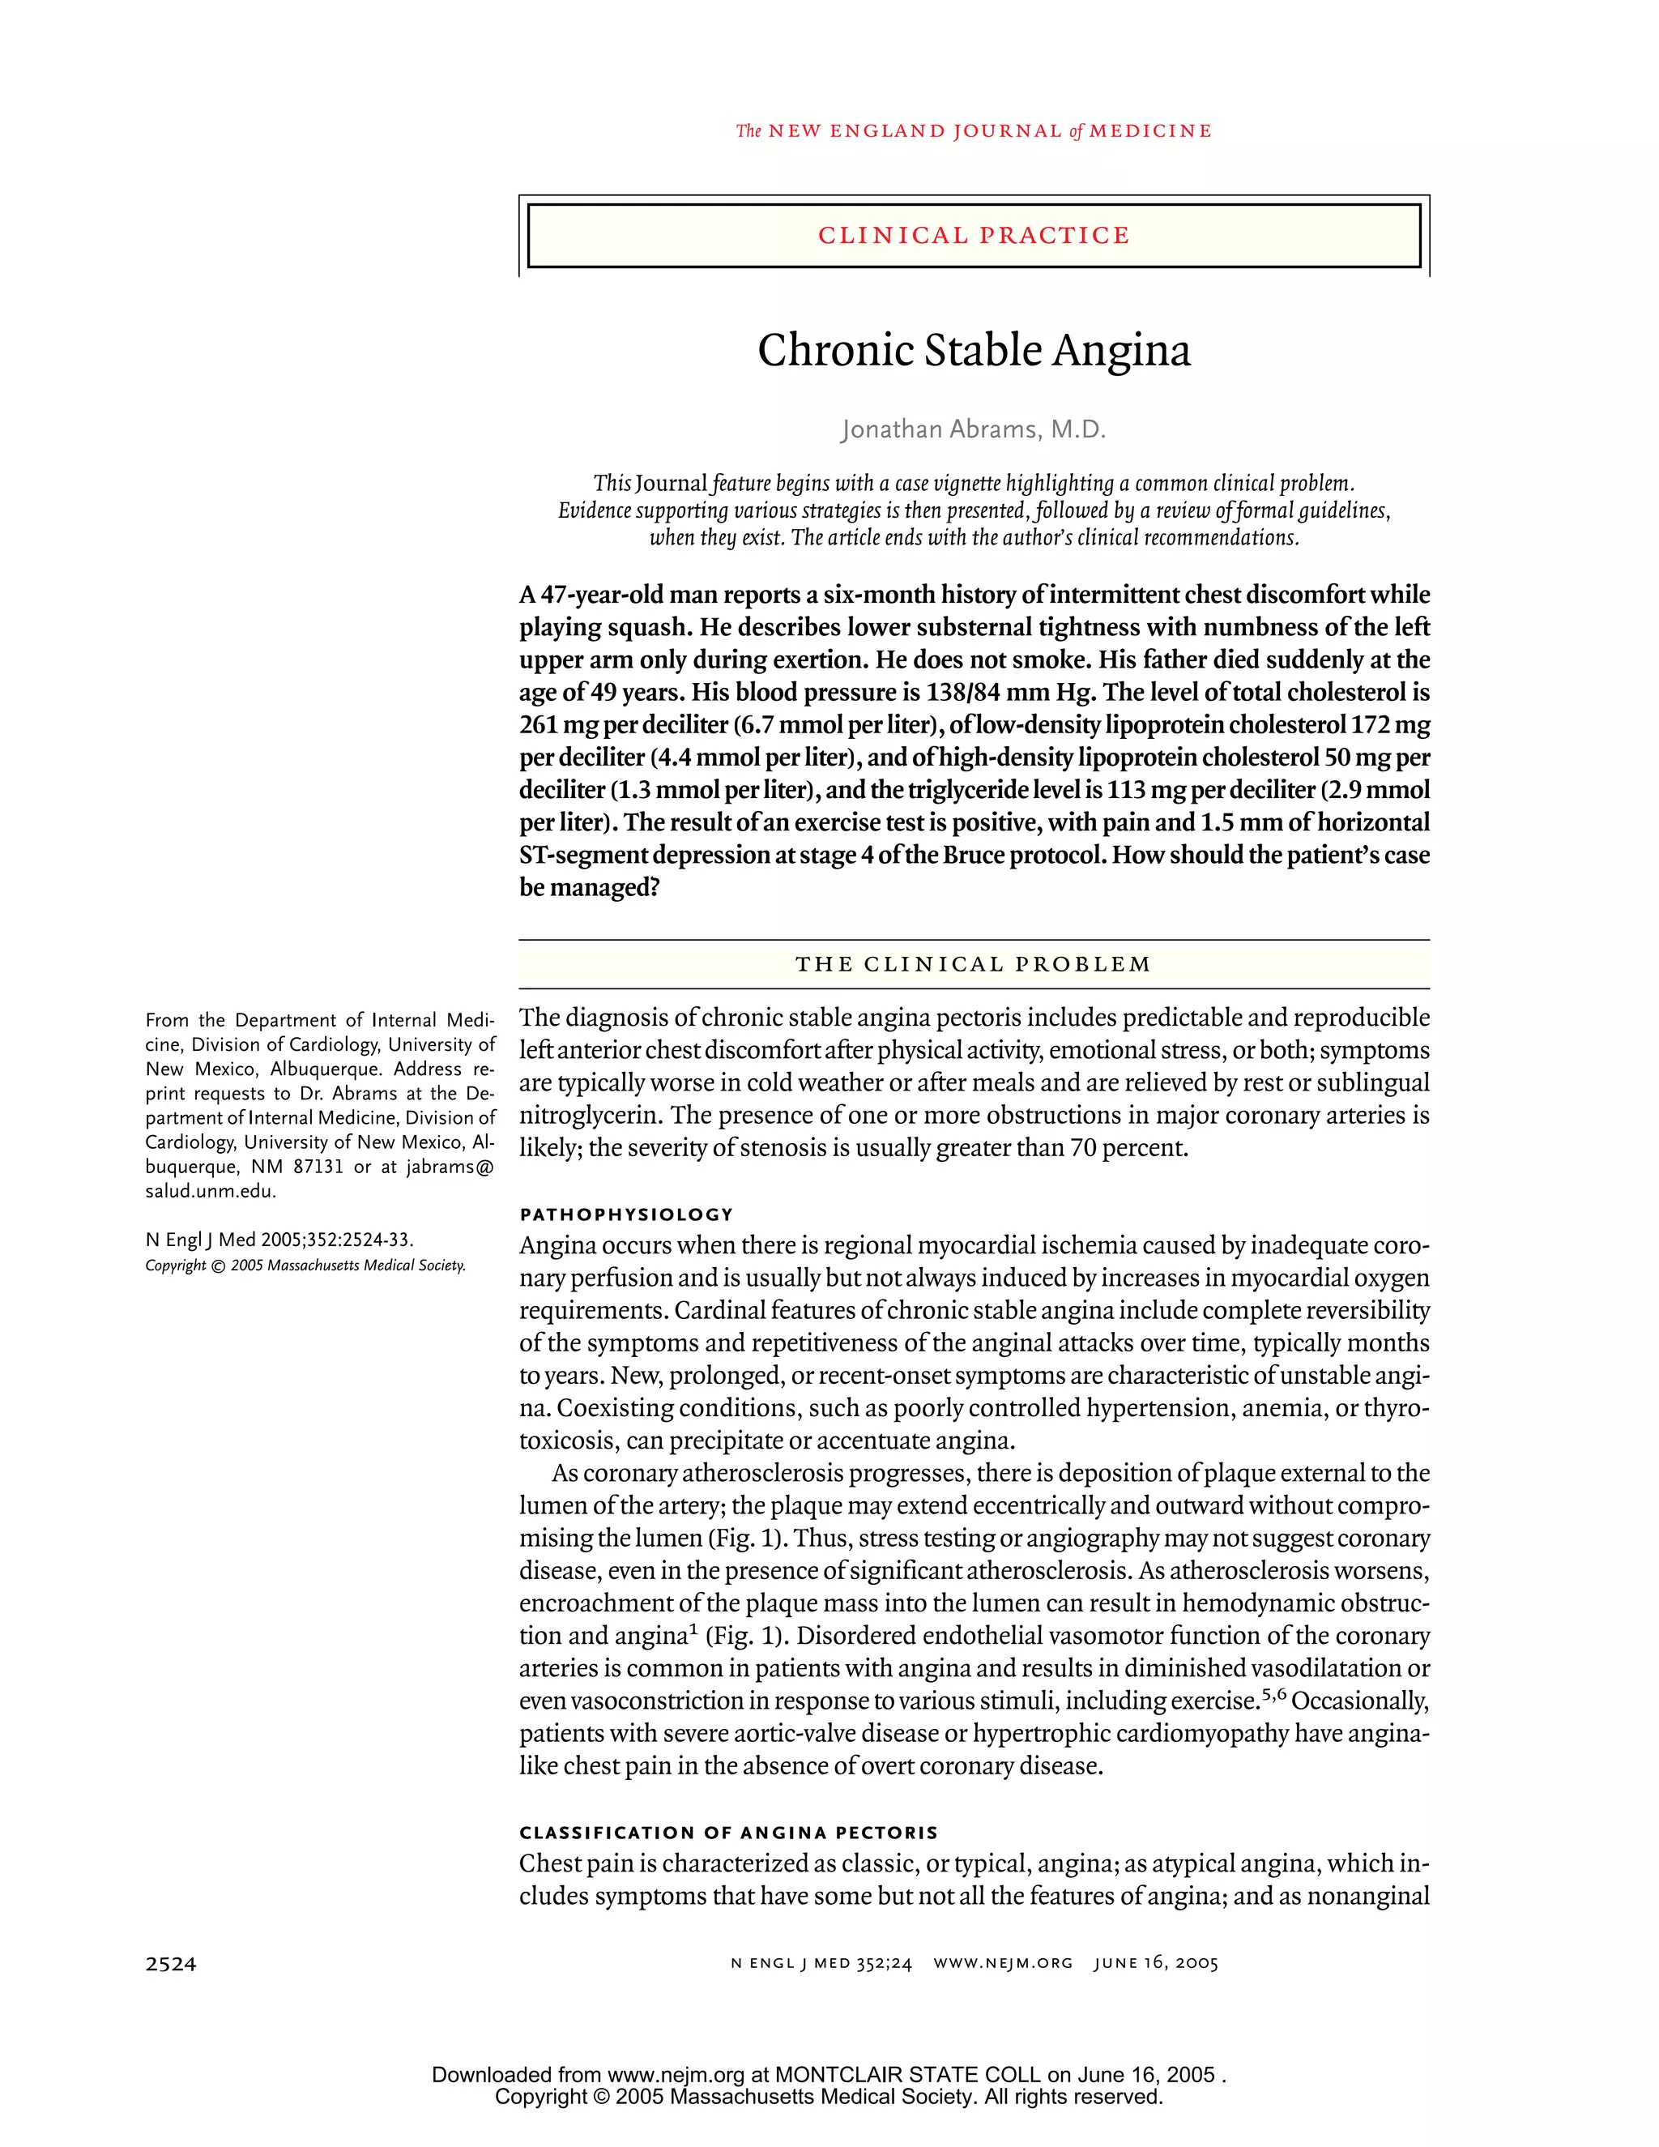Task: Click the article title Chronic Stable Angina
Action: coord(973,351)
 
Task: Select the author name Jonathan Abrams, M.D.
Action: coord(973,429)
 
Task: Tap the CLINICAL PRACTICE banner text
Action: coord(973,236)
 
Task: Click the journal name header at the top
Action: coord(973,130)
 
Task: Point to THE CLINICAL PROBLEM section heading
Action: coord(973,964)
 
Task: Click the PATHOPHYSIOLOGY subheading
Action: coord(626,1214)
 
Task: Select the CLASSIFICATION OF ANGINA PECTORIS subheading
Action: coord(728,1833)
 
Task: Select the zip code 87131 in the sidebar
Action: coord(318,1167)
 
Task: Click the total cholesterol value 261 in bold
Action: coord(539,725)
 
